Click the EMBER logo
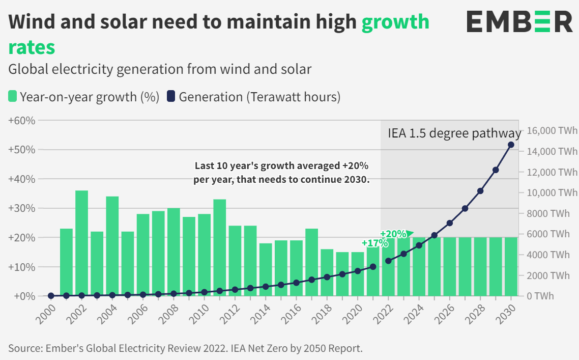pos(519,22)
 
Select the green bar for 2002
pos(82,243)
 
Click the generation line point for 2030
pos(511,145)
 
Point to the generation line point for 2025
pos(434,235)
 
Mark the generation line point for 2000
pos(51,296)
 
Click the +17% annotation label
pos(374,243)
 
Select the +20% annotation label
pos(393,234)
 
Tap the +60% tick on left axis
pos(21,121)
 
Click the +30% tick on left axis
pos(21,208)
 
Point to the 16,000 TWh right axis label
pos(552,131)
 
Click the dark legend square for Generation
pos(170,96)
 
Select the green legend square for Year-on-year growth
pos(13,96)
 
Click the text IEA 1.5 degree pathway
pos(454,133)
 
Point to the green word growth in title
pos(395,22)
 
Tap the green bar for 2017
pos(312,262)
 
